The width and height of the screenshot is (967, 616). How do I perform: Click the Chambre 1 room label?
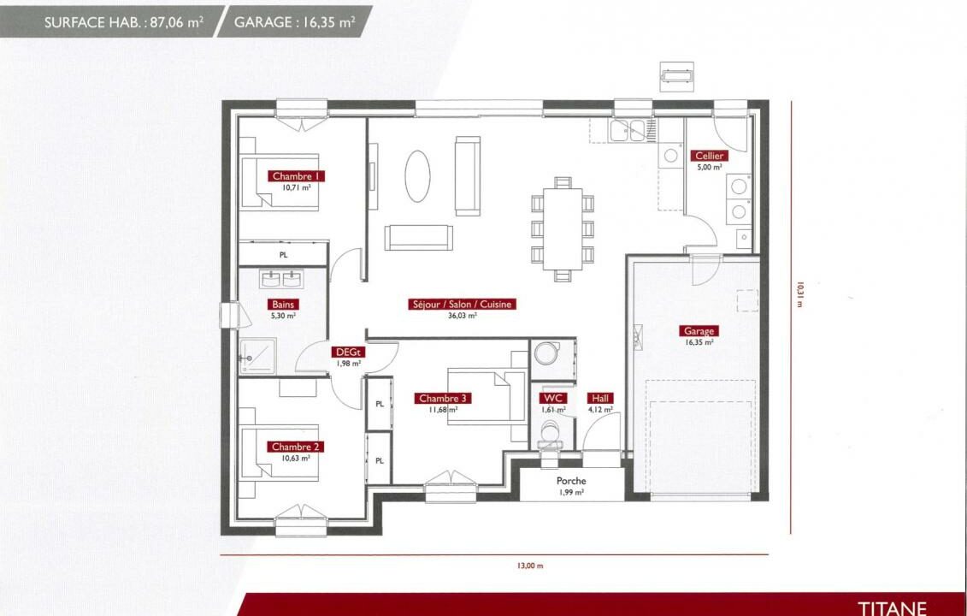click(296, 176)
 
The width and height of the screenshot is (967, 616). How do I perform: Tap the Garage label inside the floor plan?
click(699, 331)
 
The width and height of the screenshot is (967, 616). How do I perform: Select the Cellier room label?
click(709, 156)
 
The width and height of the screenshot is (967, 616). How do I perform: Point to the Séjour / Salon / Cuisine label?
click(462, 305)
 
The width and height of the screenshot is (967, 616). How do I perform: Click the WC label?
click(552, 398)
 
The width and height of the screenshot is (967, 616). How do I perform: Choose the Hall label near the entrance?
click(600, 398)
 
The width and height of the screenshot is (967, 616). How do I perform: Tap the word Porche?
click(571, 481)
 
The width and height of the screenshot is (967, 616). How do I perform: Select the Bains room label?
click(283, 305)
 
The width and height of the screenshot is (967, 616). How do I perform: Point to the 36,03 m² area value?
click(462, 316)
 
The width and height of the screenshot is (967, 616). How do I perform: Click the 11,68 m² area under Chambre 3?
click(443, 409)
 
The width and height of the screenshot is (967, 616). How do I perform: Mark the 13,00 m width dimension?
click(530, 566)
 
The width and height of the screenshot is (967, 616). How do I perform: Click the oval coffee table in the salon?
click(417, 176)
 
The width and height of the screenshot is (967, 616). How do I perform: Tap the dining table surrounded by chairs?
click(563, 229)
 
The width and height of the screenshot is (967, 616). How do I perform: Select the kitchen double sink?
click(628, 131)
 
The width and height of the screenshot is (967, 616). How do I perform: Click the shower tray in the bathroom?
click(257, 356)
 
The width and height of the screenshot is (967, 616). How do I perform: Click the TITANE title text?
click(893, 608)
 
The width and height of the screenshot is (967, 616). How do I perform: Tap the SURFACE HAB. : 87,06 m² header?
click(124, 23)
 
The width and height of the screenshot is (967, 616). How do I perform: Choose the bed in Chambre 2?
click(279, 453)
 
